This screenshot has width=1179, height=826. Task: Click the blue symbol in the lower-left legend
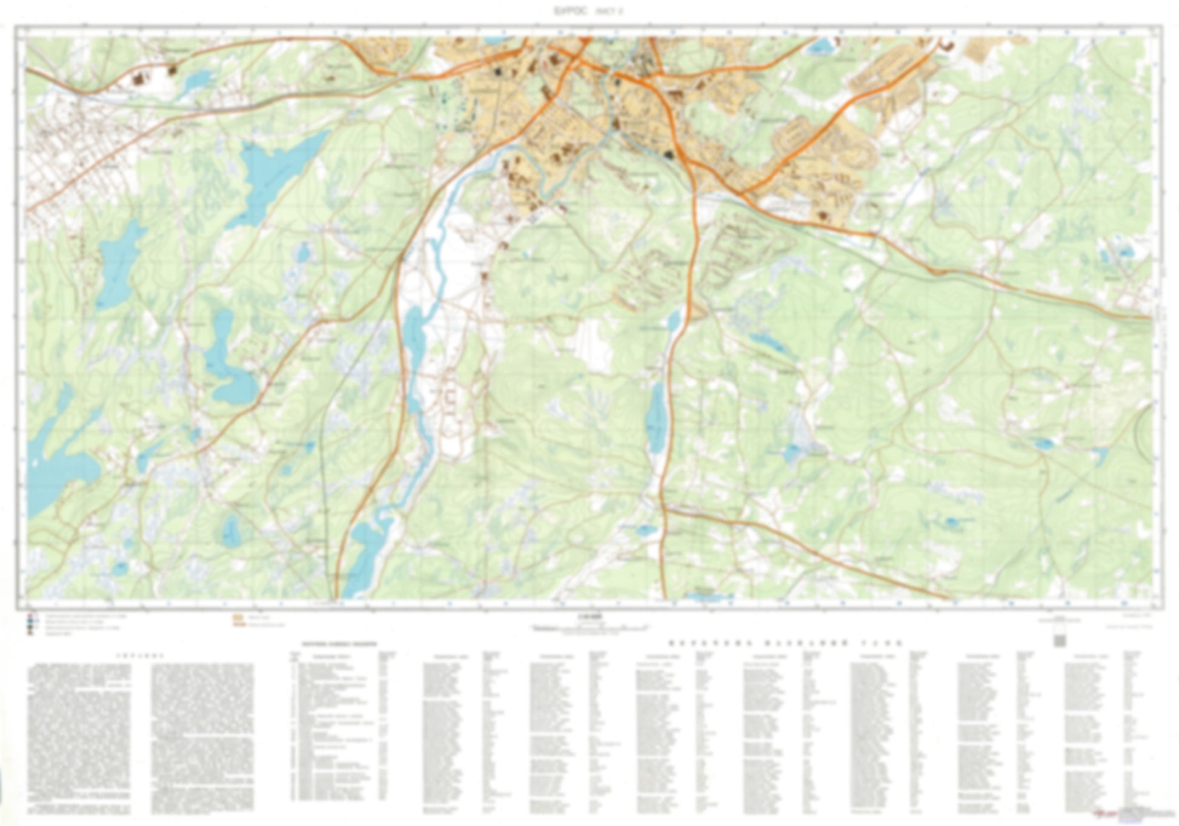30,622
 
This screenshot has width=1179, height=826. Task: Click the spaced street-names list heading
785,643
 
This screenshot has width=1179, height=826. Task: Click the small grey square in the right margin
1059,640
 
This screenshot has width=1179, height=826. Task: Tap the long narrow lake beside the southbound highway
656,418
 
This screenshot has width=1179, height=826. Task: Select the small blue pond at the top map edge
821,45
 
